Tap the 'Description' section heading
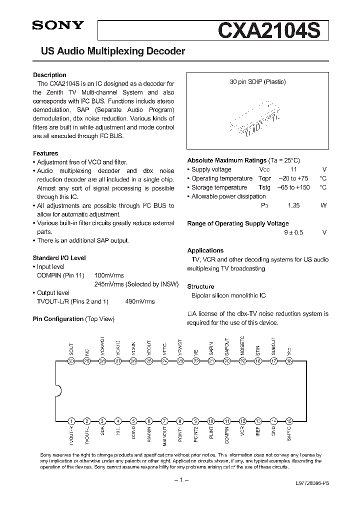click(x=49, y=75)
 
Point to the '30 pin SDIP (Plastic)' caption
click(x=257, y=82)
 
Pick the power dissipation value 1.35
click(x=293, y=205)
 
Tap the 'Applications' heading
click(x=205, y=250)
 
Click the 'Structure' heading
click(x=200, y=286)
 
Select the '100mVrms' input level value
click(x=109, y=275)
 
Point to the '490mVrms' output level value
click(x=140, y=301)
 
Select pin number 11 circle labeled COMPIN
click(x=227, y=421)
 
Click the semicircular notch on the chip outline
click(x=58, y=390)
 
